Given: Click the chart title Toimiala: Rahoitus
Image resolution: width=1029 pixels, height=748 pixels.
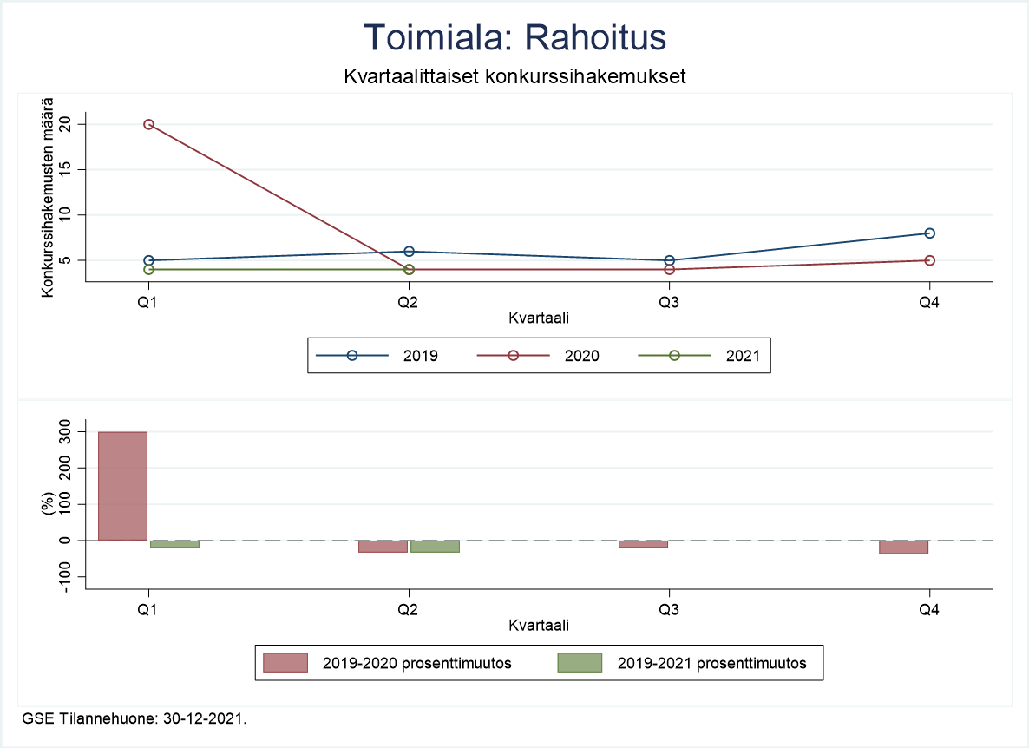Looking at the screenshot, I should [x=514, y=37].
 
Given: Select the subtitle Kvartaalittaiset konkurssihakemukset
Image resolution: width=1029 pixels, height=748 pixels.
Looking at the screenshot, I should [x=514, y=76].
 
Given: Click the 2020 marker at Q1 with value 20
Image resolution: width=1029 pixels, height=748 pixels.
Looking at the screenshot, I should [x=148, y=125].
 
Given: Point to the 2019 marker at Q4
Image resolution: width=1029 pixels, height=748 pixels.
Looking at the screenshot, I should [x=929, y=233].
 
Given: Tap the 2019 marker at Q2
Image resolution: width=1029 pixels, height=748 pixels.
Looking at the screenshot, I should [x=409, y=252].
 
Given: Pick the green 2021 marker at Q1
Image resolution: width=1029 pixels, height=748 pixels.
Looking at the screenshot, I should [x=148, y=269].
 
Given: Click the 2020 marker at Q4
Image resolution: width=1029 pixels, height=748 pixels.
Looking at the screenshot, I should [x=929, y=260].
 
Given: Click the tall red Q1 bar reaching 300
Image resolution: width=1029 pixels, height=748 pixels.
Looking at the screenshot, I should [x=122, y=486].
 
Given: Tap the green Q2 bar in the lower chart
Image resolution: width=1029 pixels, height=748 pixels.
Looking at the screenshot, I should [x=435, y=546].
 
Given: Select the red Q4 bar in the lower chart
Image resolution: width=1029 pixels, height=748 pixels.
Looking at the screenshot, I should [x=903, y=547].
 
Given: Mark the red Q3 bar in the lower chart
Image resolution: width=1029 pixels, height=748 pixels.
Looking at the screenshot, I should [x=643, y=543].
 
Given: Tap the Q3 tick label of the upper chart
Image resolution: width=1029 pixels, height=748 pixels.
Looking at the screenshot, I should [x=669, y=302].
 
